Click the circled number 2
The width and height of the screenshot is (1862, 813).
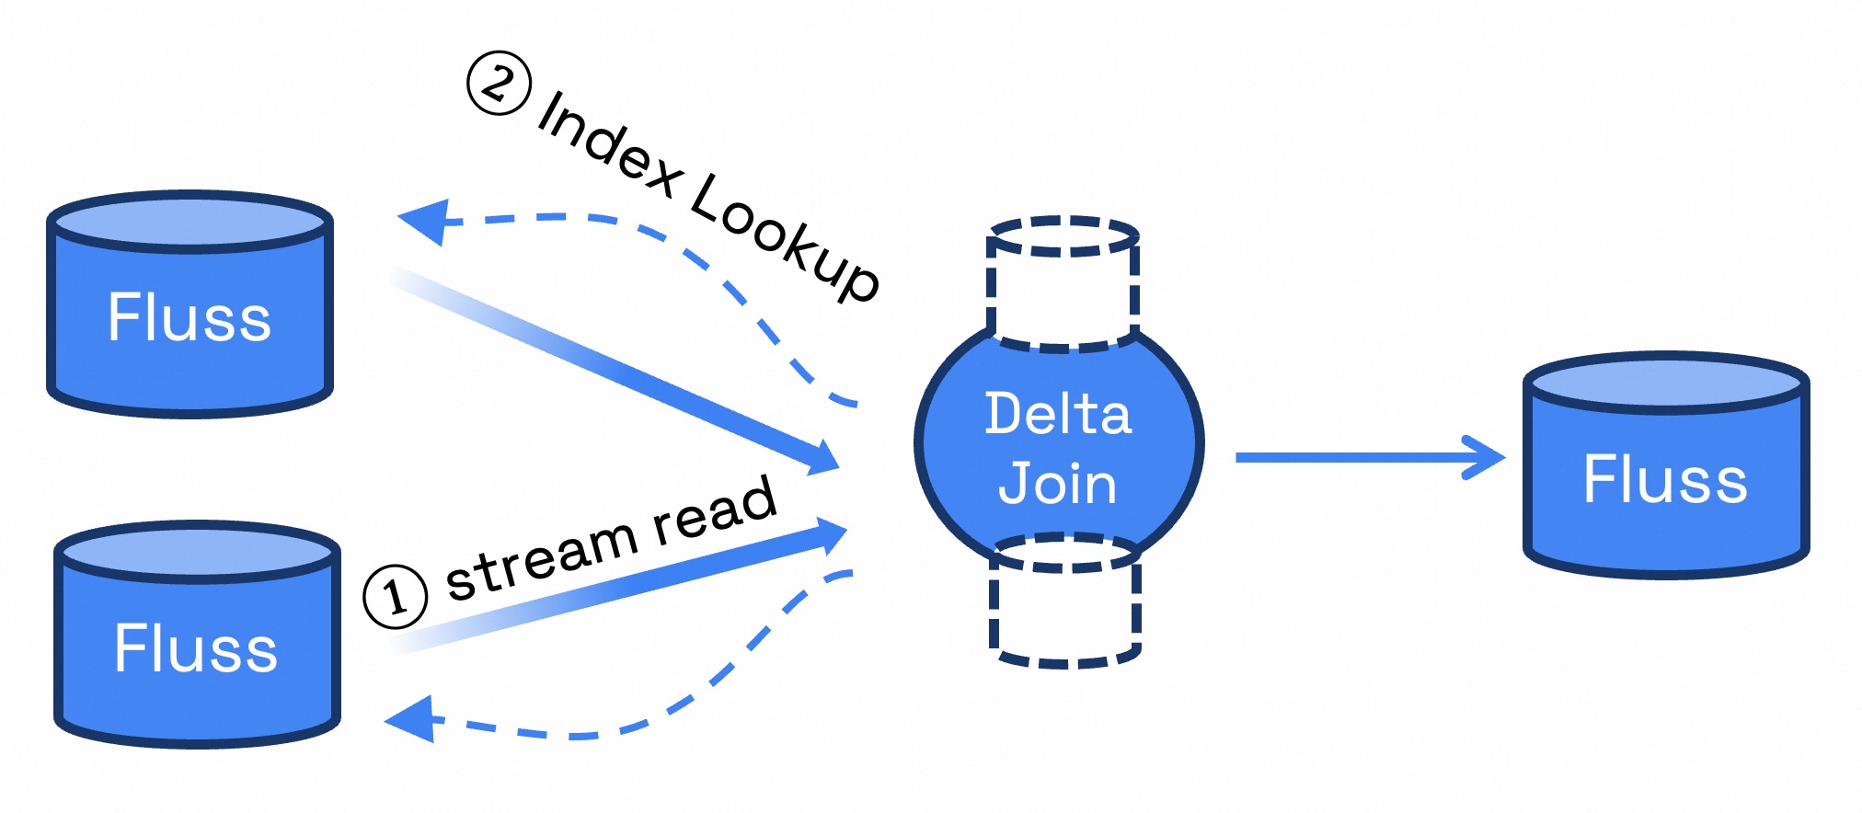tap(499, 84)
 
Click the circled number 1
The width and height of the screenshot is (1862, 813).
tap(396, 597)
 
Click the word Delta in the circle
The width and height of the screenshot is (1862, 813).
tap(1058, 414)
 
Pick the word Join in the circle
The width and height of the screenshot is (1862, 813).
tap(1058, 483)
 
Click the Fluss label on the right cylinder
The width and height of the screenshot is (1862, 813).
tap(1665, 479)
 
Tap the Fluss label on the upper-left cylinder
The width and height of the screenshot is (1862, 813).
tap(190, 318)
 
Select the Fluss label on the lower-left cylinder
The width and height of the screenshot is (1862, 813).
tap(196, 648)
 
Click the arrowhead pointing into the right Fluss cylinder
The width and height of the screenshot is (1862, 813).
tap(1486, 457)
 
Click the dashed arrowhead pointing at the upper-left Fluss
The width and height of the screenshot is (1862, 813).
tap(423, 221)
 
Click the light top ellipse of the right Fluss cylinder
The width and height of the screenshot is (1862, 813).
tap(1666, 382)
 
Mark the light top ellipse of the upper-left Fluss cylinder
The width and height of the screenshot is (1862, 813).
tap(190, 222)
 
